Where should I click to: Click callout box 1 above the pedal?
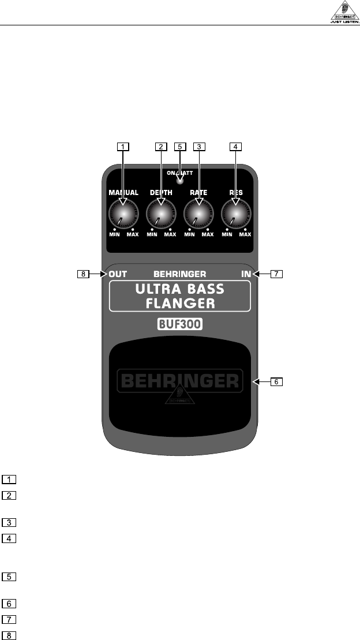click(x=122, y=147)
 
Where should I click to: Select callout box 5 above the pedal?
click(x=180, y=147)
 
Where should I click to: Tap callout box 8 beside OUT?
click(x=85, y=275)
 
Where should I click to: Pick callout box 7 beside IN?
click(x=277, y=275)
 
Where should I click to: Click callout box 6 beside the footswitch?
click(x=277, y=381)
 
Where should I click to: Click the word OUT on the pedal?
click(x=118, y=274)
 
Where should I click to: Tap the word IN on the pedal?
click(x=247, y=274)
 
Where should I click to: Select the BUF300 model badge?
click(x=180, y=324)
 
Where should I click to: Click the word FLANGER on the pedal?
click(x=181, y=302)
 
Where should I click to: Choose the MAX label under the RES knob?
click(x=245, y=234)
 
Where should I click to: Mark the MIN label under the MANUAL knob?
click(x=114, y=234)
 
